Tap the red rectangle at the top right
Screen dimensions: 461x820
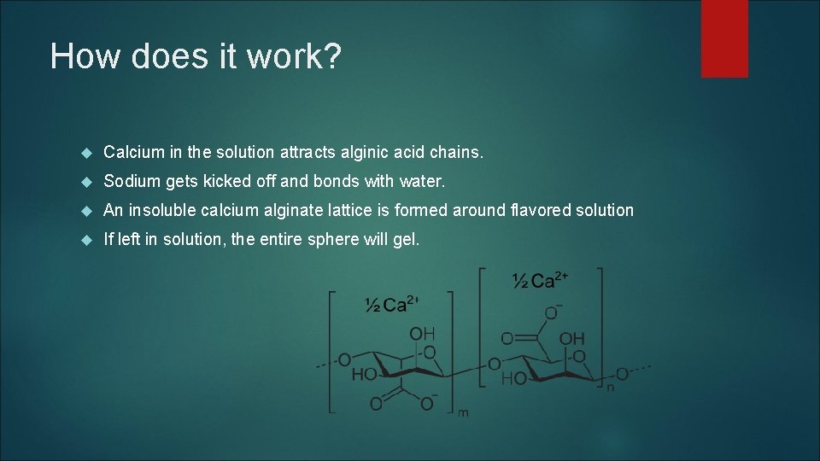(724, 38)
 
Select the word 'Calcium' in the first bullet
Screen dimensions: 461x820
(133, 153)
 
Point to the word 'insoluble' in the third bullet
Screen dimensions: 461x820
(161, 210)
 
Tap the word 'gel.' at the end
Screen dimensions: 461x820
(405, 240)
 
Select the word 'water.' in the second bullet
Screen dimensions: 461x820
(423, 182)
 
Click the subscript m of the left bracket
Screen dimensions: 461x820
(462, 414)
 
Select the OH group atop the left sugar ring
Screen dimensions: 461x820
(422, 333)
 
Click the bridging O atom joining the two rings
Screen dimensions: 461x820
(493, 365)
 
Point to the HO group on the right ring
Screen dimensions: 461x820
(513, 378)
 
